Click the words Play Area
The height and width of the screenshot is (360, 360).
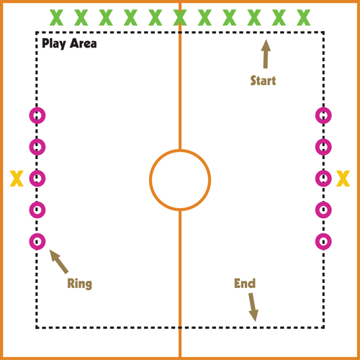pos(69,44)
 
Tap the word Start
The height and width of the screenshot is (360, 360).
pos(263,81)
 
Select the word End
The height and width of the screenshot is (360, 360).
pos(245,284)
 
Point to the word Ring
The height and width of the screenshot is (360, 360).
pos(80,284)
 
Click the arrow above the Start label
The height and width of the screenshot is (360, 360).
pos(266,54)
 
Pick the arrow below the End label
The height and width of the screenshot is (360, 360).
pos(253,307)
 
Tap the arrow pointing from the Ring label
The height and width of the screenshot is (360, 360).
pos(59,261)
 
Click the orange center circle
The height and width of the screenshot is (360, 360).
pos(180,150)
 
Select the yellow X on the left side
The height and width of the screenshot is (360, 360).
pos(17,179)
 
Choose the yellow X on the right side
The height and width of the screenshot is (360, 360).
pos(343,179)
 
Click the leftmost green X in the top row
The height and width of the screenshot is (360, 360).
pos(56,17)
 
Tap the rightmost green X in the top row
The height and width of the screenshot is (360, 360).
pos(304,17)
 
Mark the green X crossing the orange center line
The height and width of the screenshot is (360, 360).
pos(180,17)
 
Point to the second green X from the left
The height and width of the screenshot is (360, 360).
pos(81,17)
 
